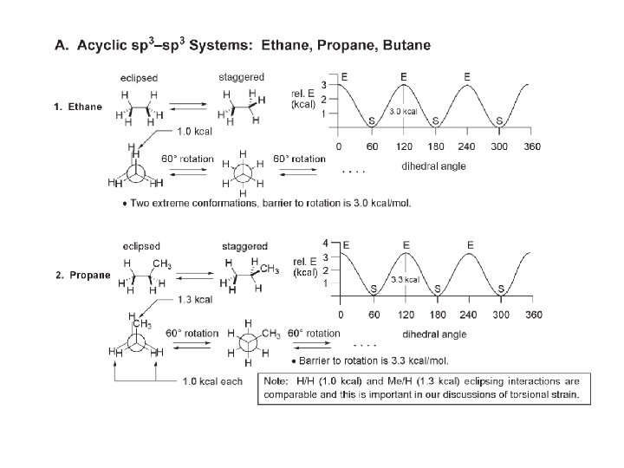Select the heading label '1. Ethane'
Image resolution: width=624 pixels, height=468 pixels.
[77, 107]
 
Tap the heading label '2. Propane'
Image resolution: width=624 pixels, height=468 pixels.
[81, 276]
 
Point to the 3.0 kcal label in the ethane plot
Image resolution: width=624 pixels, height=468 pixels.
[404, 112]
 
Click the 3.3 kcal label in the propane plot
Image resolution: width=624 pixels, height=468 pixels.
[406, 279]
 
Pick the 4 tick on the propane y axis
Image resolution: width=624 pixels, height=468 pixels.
[325, 243]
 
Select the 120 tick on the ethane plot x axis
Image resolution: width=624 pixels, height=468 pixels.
[403, 146]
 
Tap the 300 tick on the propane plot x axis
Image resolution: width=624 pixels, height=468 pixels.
[502, 314]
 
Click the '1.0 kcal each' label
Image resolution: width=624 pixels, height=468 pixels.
[212, 380]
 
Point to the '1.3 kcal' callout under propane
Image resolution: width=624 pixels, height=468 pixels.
[195, 300]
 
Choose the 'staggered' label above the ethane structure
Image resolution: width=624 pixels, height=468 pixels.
[242, 77]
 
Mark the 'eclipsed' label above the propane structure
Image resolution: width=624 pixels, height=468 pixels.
[140, 246]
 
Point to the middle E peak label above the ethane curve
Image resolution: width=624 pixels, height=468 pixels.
[403, 77]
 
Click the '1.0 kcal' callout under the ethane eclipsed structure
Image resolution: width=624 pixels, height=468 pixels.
[196, 132]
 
